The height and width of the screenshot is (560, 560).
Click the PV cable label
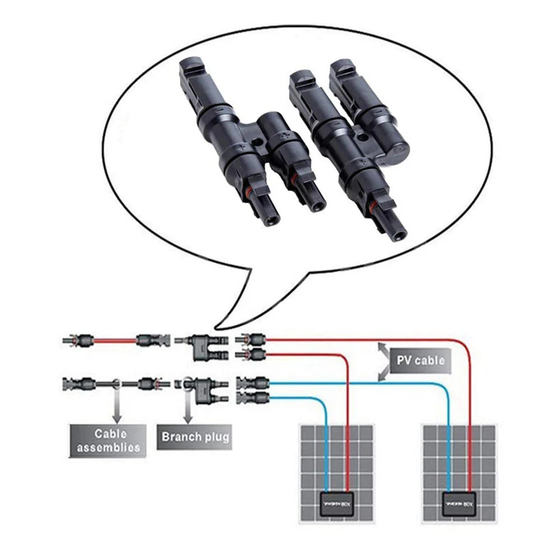(x=421, y=360)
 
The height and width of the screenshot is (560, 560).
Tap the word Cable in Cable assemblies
(x=110, y=433)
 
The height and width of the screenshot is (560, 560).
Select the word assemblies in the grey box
(x=108, y=447)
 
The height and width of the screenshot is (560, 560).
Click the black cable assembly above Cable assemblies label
(x=112, y=384)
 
